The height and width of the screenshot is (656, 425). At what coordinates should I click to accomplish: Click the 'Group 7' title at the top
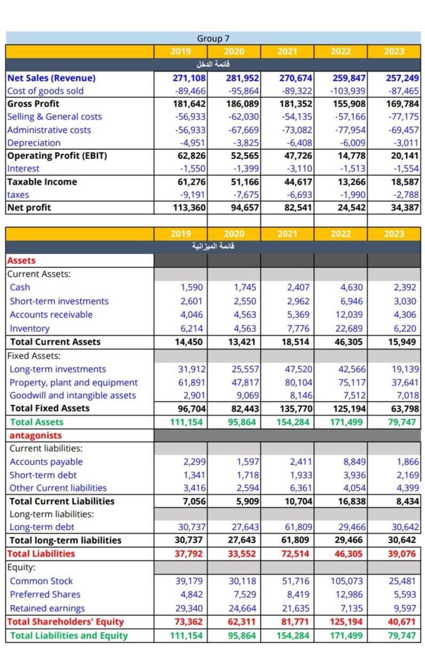[213, 39]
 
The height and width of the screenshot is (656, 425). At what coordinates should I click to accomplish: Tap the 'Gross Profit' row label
[33, 104]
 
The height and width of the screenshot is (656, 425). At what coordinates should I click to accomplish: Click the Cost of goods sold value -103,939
[349, 91]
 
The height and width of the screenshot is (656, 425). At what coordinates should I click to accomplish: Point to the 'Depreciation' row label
[34, 143]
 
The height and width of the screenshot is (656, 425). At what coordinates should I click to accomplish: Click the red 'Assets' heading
[21, 261]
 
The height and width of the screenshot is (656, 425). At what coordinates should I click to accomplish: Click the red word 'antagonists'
[35, 436]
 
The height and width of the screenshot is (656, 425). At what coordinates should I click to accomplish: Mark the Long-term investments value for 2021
[296, 369]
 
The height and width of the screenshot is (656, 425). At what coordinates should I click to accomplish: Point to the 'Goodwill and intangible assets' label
[73, 395]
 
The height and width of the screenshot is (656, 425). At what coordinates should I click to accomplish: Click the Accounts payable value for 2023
[405, 462]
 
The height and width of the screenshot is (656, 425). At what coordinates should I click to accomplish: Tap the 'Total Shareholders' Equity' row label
[65, 622]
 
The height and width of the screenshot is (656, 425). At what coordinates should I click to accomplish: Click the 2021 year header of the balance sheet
[287, 234]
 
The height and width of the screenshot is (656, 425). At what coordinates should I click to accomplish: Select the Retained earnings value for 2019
[189, 608]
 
